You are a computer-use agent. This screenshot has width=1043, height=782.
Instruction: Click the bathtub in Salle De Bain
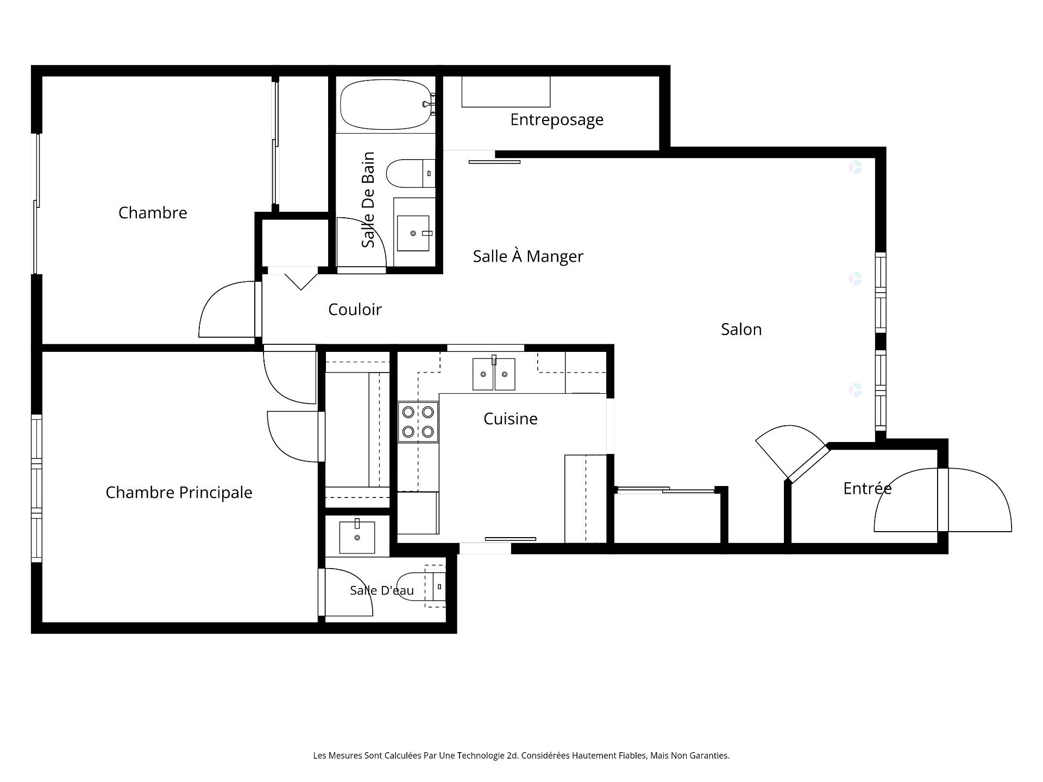pyautogui.click(x=386, y=104)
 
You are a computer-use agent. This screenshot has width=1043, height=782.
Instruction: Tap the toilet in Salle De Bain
pyautogui.click(x=411, y=173)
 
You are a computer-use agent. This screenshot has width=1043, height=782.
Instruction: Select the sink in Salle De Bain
pyautogui.click(x=413, y=234)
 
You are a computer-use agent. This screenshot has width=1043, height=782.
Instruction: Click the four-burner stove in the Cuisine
pyautogui.click(x=418, y=421)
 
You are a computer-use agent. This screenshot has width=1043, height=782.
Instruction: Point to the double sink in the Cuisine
pyautogui.click(x=494, y=374)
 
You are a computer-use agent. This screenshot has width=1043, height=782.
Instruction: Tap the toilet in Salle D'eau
pyautogui.click(x=422, y=586)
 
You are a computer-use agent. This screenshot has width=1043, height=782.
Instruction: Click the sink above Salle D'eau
pyautogui.click(x=357, y=537)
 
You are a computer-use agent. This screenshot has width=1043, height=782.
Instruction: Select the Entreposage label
pyautogui.click(x=557, y=120)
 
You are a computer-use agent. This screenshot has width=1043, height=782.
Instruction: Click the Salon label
pyautogui.click(x=741, y=329)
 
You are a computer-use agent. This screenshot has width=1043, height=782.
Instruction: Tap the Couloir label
pyautogui.click(x=355, y=310)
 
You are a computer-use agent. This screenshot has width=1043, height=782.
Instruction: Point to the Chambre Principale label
pyautogui.click(x=179, y=493)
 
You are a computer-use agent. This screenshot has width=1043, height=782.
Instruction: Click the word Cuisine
pyautogui.click(x=511, y=419)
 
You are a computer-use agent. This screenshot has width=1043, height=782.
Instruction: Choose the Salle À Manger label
pyautogui.click(x=528, y=256)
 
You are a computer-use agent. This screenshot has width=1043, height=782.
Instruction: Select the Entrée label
pyautogui.click(x=867, y=488)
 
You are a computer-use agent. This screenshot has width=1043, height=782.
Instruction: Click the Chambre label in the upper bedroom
pyautogui.click(x=153, y=212)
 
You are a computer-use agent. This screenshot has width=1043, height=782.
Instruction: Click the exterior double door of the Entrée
pyautogui.click(x=943, y=500)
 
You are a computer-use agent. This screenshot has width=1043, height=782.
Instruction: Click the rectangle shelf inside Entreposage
pyautogui.click(x=506, y=92)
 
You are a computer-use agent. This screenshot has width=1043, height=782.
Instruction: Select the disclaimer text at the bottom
pyautogui.click(x=521, y=755)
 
